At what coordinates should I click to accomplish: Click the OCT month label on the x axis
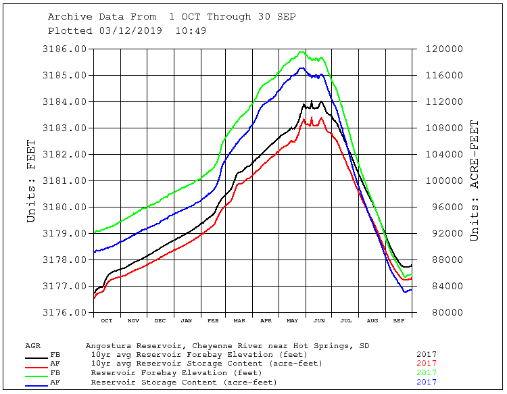(107, 320)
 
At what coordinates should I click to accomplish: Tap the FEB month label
(213, 320)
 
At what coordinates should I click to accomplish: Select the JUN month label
(319, 320)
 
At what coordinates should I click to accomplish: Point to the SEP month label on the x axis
(400, 320)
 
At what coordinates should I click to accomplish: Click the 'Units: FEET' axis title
(31, 181)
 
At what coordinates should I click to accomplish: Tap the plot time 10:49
(191, 30)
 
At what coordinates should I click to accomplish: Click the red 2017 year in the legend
(427, 364)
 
